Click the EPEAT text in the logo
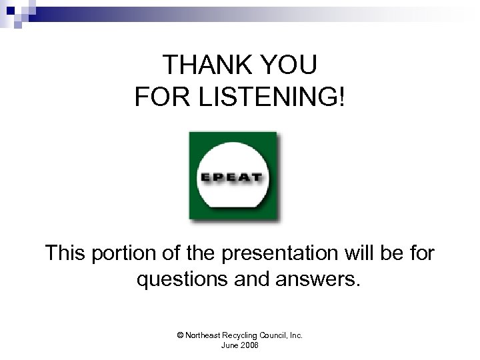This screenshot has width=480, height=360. (233, 177)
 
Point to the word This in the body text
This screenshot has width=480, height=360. (68, 253)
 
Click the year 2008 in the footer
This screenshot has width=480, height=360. (250, 345)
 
